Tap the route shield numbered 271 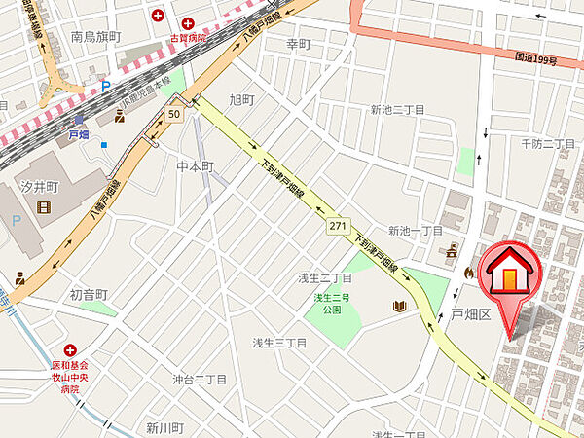[338, 225]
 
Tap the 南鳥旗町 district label [95, 37]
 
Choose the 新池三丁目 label [398, 111]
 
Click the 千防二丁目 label [549, 144]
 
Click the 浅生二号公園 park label [331, 304]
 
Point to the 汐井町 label [41, 185]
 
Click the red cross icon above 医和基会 [69, 349]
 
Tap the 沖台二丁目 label [200, 380]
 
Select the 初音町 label [88, 294]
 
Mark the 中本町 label [195, 167]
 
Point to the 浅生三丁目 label [279, 343]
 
